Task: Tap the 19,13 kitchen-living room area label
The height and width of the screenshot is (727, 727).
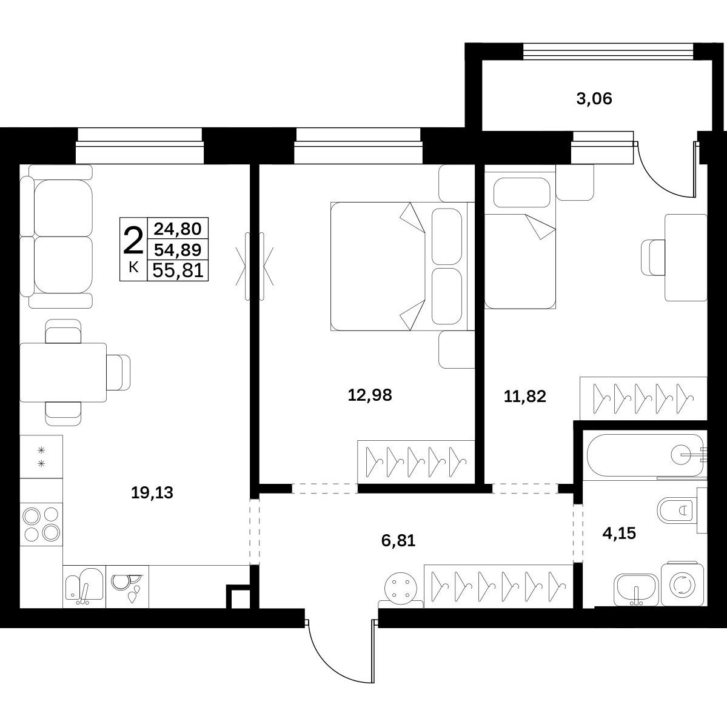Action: pyautogui.click(x=152, y=492)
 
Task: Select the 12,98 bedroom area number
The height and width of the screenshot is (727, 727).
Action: pyautogui.click(x=370, y=395)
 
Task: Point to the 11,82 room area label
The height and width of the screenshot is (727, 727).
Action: pyautogui.click(x=525, y=397)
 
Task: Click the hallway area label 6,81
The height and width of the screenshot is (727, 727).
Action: pyautogui.click(x=398, y=540)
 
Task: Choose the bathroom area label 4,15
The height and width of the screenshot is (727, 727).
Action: pyautogui.click(x=619, y=533)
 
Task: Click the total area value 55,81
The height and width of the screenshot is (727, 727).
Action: pyautogui.click(x=178, y=270)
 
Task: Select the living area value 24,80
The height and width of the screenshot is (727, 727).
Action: pyautogui.click(x=178, y=229)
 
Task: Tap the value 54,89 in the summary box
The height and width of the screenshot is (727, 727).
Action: pyautogui.click(x=178, y=250)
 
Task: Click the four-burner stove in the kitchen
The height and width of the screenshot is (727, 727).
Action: pyautogui.click(x=41, y=523)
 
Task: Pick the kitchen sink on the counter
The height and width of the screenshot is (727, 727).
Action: pyautogui.click(x=84, y=586)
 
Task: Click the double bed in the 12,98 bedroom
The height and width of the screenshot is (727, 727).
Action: pyautogui.click(x=403, y=266)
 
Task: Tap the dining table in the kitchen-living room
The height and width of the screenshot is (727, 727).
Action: pyautogui.click(x=64, y=372)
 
